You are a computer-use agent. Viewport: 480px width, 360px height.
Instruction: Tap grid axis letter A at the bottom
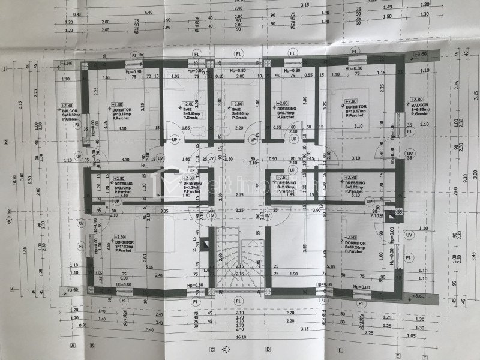click(73, 347)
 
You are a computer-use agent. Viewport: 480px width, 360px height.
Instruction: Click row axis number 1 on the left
click(5, 70)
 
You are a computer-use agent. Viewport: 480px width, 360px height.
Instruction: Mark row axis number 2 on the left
click(5, 142)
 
